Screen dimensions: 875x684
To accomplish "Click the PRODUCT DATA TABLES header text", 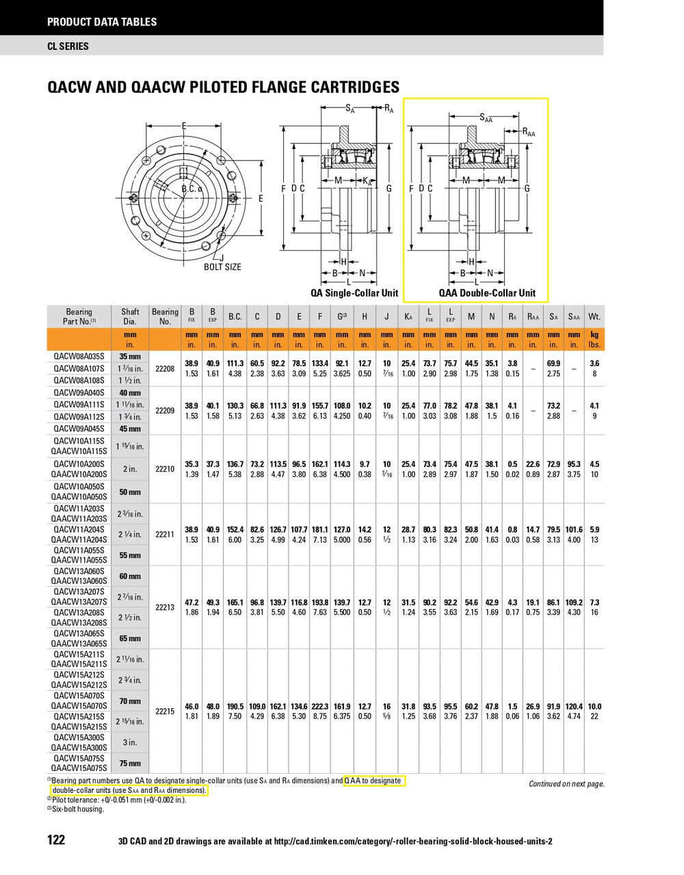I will click(x=102, y=22).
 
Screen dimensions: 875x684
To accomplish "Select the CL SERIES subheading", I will click(x=68, y=46).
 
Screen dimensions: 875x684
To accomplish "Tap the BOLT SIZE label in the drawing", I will click(x=222, y=267).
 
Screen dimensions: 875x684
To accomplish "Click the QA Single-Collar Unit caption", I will click(x=354, y=293).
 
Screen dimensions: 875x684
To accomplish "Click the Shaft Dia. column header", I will click(x=130, y=316).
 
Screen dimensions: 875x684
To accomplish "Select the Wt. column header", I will click(x=594, y=317).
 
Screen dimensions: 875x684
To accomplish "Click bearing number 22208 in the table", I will click(x=165, y=368).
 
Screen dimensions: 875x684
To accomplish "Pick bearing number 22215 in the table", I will click(x=165, y=711).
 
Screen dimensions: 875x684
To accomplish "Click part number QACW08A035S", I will click(x=79, y=356).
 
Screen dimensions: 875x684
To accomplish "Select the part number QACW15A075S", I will click(x=79, y=758).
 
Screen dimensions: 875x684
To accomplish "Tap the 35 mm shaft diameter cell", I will click(x=130, y=356).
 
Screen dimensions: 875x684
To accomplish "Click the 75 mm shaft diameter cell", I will click(x=130, y=764).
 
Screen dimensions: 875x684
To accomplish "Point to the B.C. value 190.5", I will click(x=235, y=706).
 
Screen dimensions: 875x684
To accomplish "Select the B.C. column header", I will click(x=235, y=317).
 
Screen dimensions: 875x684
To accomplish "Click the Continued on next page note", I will click(x=566, y=784).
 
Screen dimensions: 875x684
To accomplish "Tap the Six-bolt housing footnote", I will click(x=78, y=809).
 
